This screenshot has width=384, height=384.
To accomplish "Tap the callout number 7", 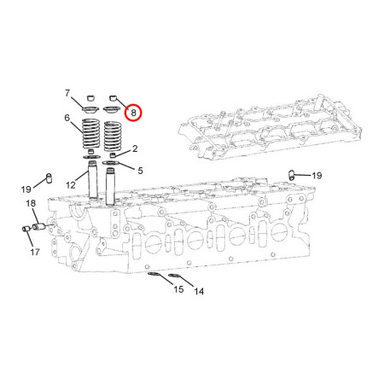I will pyautogui.click(x=67, y=92).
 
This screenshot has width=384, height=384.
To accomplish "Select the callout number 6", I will pyautogui.click(x=66, y=119).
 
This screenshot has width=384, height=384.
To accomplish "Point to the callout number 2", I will pyautogui.click(x=135, y=149).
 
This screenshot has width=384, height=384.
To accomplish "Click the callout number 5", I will pyautogui.click(x=139, y=170).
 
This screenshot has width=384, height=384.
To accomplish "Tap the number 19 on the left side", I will pyautogui.click(x=26, y=189).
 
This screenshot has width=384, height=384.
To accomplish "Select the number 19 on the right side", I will pyautogui.click(x=317, y=175).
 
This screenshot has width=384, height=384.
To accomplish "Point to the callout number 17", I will pyautogui.click(x=35, y=253).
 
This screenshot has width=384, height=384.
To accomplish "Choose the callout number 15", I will pyautogui.click(x=178, y=290).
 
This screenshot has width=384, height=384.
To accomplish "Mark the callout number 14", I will pyautogui.click(x=199, y=292).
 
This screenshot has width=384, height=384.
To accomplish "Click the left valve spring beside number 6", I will pyautogui.click(x=90, y=134).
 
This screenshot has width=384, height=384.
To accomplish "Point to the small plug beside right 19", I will pyautogui.click(x=292, y=175).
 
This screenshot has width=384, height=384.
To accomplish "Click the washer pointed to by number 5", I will pyautogui.click(x=113, y=161).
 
